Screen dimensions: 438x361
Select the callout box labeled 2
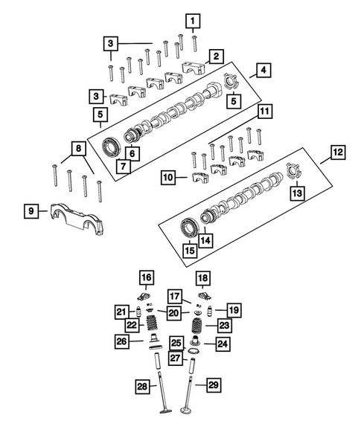point(214,56)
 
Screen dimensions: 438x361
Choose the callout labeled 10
point(168,178)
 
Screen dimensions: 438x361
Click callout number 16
point(147,278)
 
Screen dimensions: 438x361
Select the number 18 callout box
point(202,278)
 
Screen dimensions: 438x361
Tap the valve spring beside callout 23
point(197,326)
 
